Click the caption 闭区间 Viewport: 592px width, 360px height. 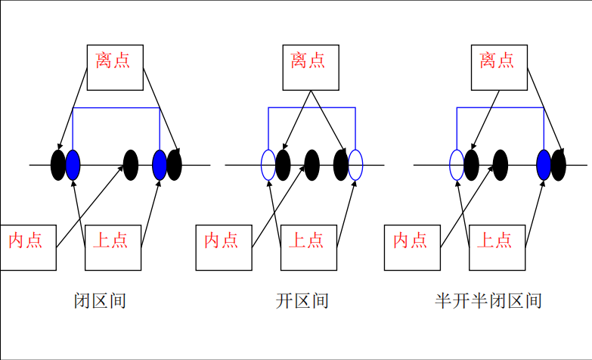[100, 301]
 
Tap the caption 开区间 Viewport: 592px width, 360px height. [302, 301]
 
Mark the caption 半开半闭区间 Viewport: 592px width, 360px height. [488, 301]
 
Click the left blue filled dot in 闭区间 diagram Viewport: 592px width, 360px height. [73, 165]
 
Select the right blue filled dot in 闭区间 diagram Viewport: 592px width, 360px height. [160, 165]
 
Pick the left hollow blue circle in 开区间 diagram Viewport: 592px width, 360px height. [268, 165]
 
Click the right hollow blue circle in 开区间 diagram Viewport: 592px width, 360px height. [355, 165]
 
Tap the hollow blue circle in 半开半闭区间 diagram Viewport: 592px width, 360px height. [457, 165]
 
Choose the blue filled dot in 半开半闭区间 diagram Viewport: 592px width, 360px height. [544, 165]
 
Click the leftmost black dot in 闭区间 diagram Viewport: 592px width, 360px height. [58, 165]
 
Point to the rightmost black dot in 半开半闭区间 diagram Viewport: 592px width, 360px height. [559, 165]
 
